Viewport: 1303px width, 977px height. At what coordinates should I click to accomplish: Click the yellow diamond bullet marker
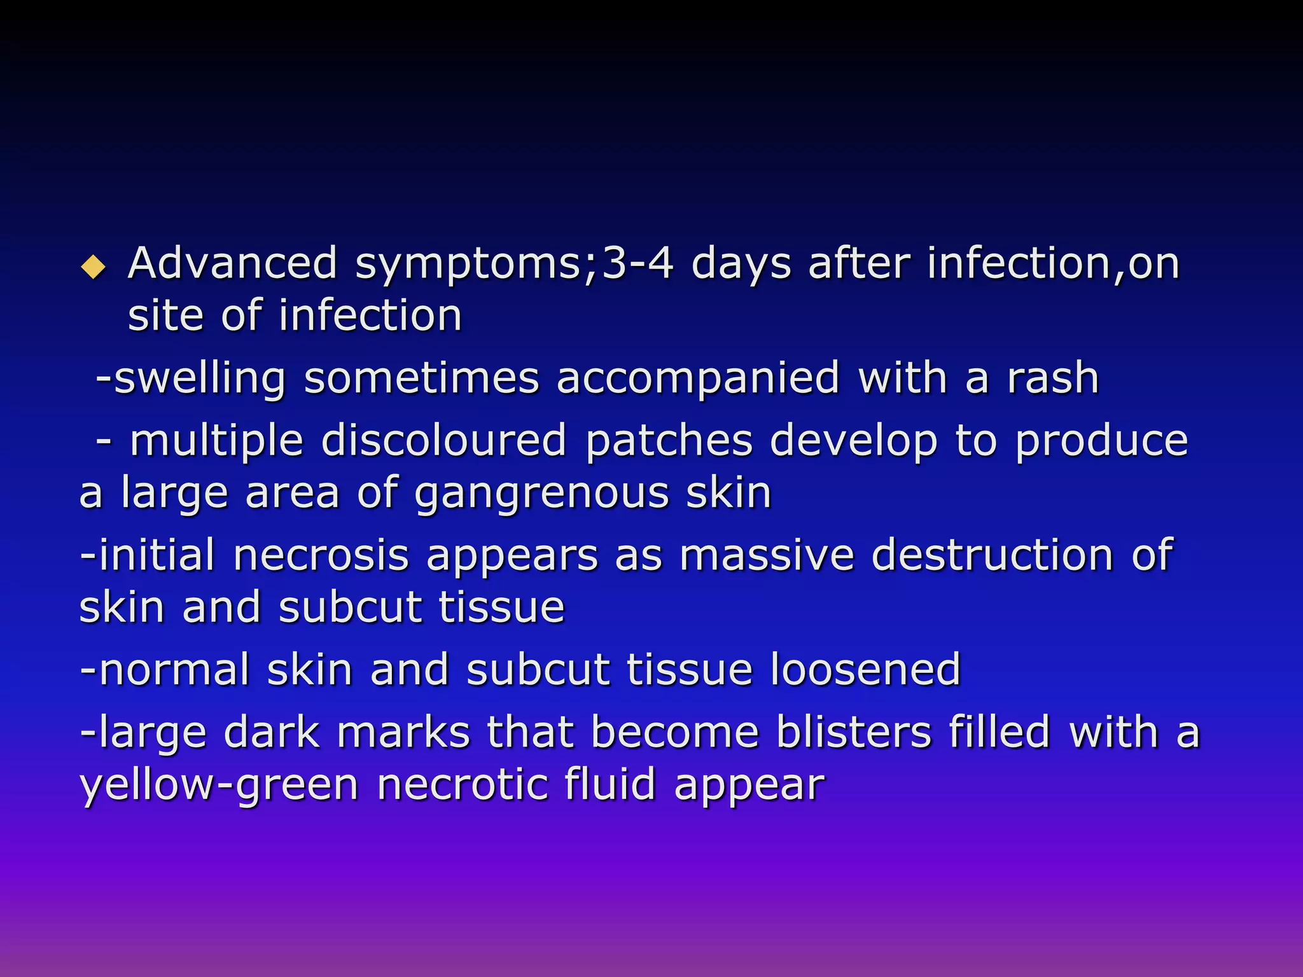pyautogui.click(x=94, y=267)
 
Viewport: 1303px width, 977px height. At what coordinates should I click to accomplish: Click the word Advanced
pyautogui.click(x=232, y=263)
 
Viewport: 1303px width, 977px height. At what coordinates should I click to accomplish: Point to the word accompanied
pyautogui.click(x=698, y=379)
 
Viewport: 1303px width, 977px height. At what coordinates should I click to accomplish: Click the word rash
pyautogui.click(x=1053, y=379)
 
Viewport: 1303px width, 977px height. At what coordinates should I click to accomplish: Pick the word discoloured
pyautogui.click(x=443, y=441)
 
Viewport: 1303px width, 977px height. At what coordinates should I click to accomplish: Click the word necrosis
pyautogui.click(x=321, y=555)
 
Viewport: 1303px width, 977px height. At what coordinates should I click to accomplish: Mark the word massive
pyautogui.click(x=767, y=555)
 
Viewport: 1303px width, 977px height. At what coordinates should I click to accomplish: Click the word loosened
pyautogui.click(x=865, y=670)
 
